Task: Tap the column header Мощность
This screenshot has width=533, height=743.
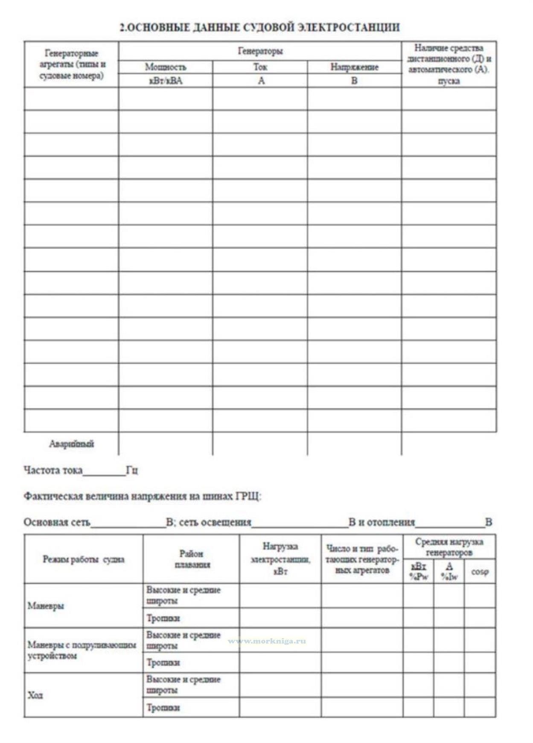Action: click(166, 67)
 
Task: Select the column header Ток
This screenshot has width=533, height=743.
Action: click(260, 67)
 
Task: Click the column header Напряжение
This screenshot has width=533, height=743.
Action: click(354, 67)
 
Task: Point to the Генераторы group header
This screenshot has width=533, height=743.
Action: click(260, 51)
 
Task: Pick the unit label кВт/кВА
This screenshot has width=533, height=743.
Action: click(166, 81)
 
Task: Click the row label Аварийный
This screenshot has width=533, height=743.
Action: click(71, 444)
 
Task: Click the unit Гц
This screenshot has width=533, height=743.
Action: click(132, 470)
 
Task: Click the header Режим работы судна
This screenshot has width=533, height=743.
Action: click(84, 559)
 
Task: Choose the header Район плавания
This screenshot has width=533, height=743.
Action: click(192, 559)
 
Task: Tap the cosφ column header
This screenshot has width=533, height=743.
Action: click(480, 572)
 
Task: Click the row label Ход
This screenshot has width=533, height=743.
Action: click(35, 695)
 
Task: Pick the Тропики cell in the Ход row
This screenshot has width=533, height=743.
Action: click(163, 708)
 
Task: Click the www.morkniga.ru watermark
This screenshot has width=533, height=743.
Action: click(267, 641)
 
